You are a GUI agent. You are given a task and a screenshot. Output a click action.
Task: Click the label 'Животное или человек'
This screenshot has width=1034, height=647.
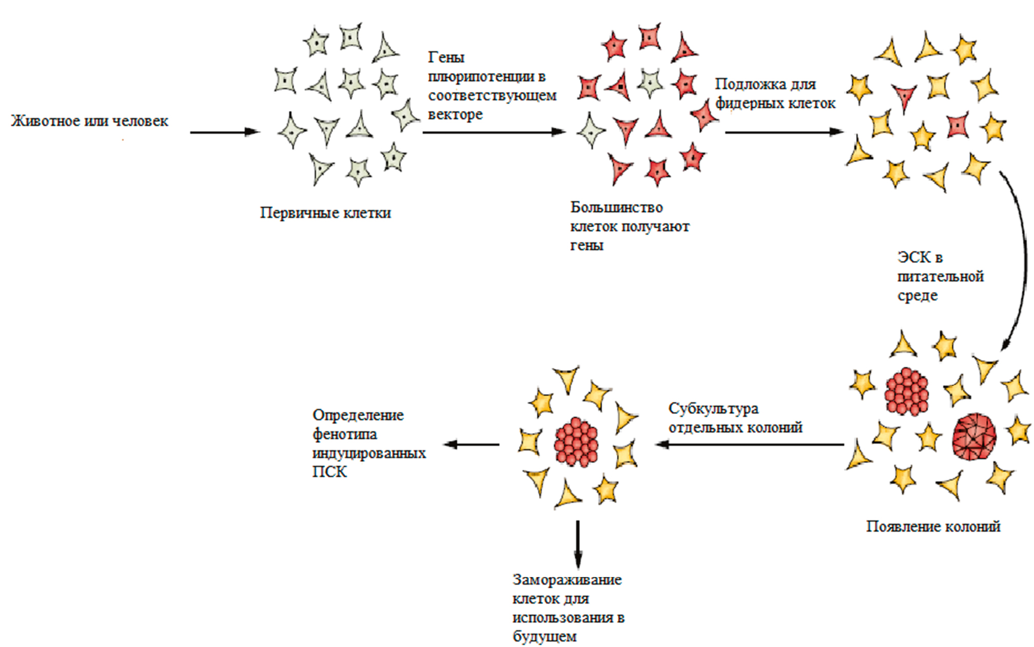click(x=90, y=121)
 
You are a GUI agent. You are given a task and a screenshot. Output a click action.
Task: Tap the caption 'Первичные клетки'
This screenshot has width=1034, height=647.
click(x=325, y=212)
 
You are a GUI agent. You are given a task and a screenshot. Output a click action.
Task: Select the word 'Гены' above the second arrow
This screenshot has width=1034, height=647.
click(x=446, y=57)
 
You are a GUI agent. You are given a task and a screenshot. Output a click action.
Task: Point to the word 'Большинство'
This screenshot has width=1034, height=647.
click(x=616, y=207)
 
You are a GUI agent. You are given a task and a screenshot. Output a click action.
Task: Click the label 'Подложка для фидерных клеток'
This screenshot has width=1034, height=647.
click(x=775, y=93)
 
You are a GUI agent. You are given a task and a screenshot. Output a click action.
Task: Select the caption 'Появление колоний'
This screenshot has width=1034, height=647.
click(x=933, y=526)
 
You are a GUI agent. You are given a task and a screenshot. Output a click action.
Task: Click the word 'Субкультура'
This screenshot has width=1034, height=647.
click(x=713, y=409)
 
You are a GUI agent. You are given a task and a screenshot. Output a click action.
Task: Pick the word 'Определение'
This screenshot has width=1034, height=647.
click(x=358, y=415)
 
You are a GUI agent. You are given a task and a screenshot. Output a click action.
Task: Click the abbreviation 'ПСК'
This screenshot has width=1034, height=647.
click(x=329, y=472)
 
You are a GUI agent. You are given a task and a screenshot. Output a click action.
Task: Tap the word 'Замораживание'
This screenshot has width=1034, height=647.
click(x=567, y=580)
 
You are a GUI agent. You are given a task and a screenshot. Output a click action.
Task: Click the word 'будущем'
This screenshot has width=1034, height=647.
click(x=544, y=637)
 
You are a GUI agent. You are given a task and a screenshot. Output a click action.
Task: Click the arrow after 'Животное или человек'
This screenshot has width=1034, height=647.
click(x=225, y=132)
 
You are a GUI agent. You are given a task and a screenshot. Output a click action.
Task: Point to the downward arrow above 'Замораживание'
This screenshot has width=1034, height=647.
click(x=578, y=544)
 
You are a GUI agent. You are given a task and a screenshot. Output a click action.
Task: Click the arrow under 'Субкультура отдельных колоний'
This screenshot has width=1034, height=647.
click(x=749, y=444)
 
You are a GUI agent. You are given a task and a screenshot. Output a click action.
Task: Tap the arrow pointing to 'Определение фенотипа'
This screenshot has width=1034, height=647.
click(x=471, y=444)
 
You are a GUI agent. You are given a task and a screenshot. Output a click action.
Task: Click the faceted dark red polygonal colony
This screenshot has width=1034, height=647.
click(x=973, y=437)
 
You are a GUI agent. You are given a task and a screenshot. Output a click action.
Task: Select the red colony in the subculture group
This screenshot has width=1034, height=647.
click(x=576, y=442)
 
